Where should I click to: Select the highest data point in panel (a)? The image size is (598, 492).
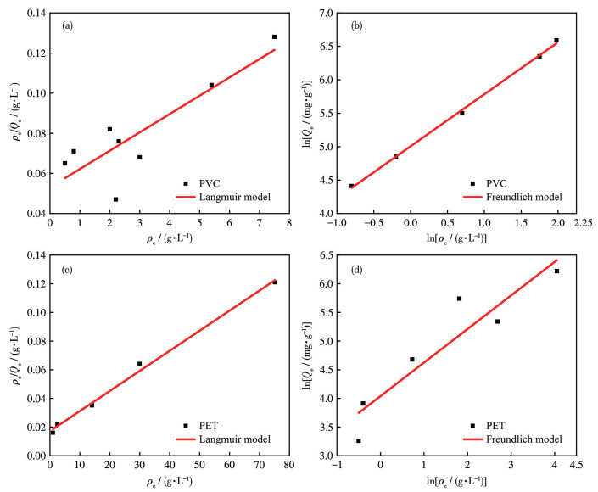(275, 37)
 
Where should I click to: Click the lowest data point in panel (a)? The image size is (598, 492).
(115, 199)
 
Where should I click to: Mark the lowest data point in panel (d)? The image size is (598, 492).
(359, 441)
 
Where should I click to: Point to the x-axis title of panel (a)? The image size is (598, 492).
(170, 240)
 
